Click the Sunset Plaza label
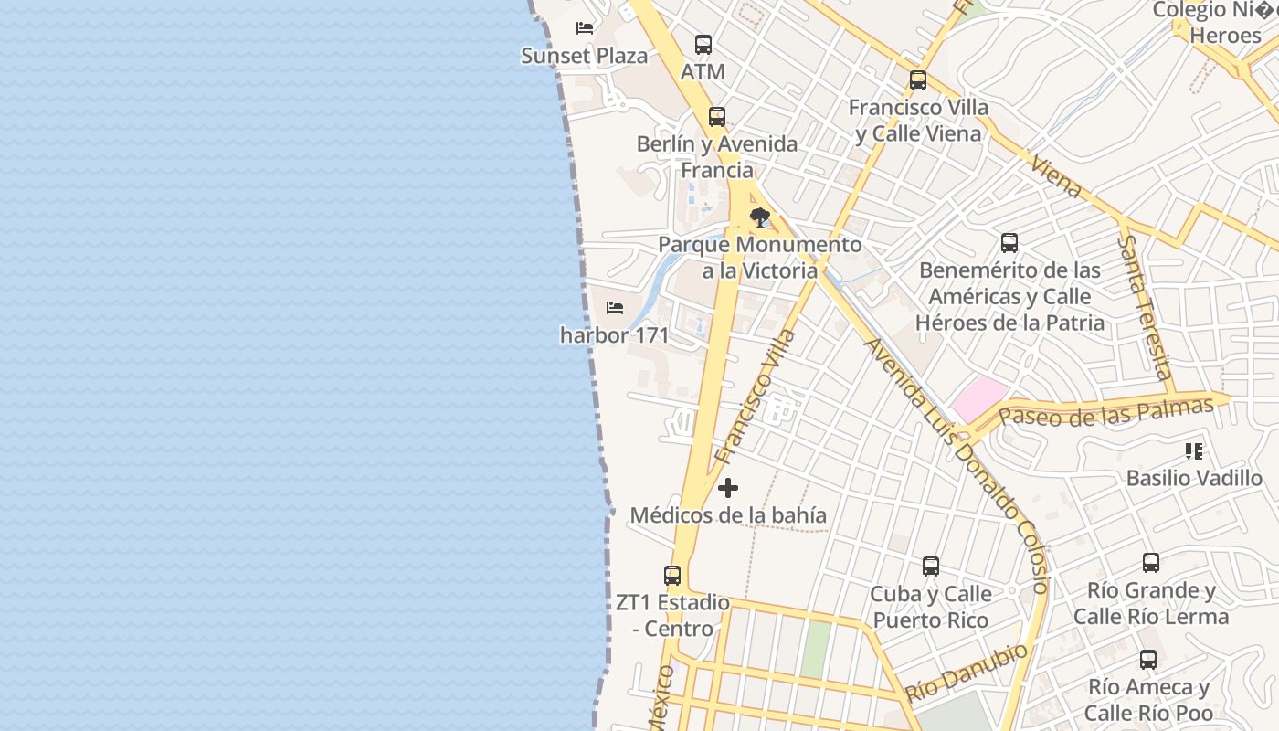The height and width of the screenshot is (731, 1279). pyautogui.click(x=584, y=56)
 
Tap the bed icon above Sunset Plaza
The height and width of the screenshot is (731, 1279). pyautogui.click(x=585, y=28)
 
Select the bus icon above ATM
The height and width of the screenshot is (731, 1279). pyautogui.click(x=703, y=44)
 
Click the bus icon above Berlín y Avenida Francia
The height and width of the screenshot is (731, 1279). pyautogui.click(x=717, y=117)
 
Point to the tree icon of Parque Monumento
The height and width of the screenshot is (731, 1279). pyautogui.click(x=759, y=217)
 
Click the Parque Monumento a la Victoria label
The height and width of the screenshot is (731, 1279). pyautogui.click(x=760, y=258)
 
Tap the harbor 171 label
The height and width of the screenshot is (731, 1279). pyautogui.click(x=614, y=335)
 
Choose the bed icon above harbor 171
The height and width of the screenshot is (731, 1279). pyautogui.click(x=615, y=308)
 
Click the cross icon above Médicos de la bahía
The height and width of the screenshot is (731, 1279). pyautogui.click(x=728, y=488)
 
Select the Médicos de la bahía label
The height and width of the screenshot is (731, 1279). pyautogui.click(x=728, y=515)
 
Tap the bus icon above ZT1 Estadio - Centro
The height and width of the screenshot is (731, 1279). pyautogui.click(x=672, y=576)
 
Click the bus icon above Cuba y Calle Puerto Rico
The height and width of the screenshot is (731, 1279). pyautogui.click(x=931, y=567)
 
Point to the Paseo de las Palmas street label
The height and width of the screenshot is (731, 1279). pyautogui.click(x=1105, y=411)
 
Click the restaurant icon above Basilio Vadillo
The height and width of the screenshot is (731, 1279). pyautogui.click(x=1194, y=450)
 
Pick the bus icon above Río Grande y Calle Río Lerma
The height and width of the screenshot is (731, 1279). pyautogui.click(x=1151, y=563)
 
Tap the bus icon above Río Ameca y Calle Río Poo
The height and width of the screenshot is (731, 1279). pyautogui.click(x=1148, y=660)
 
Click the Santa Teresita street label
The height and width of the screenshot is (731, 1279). pyautogui.click(x=1145, y=307)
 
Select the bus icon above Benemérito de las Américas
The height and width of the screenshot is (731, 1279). pyautogui.click(x=1009, y=243)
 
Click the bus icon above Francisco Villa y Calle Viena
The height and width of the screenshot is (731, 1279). pyautogui.click(x=918, y=80)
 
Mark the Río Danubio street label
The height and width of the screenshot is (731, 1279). pyautogui.click(x=967, y=673)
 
